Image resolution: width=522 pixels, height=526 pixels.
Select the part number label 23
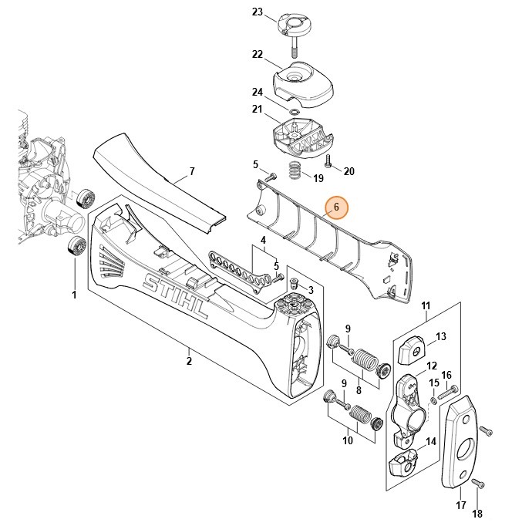(258, 12)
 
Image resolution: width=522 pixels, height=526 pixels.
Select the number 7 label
(192, 170)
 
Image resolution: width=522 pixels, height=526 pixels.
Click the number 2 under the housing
(189, 359)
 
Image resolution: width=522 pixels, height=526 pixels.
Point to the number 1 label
(74, 295)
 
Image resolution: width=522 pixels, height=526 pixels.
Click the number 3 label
(311, 290)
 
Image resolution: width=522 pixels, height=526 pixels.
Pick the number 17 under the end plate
(461, 506)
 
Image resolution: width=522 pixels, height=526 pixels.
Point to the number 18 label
(477, 514)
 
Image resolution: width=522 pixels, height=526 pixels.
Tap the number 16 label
(446, 375)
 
